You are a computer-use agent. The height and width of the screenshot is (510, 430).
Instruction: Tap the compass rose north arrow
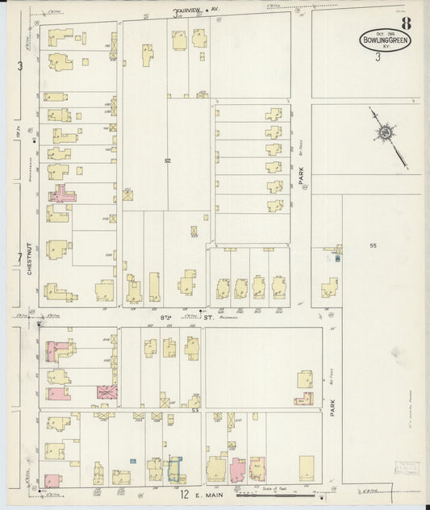click(386, 132)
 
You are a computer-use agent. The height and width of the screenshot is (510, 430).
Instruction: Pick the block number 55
click(373, 245)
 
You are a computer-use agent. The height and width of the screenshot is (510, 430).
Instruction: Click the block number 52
click(168, 159)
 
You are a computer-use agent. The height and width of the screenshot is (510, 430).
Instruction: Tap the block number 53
click(195, 410)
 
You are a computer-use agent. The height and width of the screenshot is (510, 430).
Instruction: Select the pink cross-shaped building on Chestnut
click(61, 194)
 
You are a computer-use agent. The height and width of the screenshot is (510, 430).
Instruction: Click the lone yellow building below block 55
click(328, 287)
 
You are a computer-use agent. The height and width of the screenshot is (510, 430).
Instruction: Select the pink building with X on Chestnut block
click(106, 392)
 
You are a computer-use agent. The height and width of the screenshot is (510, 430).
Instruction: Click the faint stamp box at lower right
click(407, 469)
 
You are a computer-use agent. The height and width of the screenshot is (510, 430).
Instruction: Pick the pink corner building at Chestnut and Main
click(52, 480)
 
